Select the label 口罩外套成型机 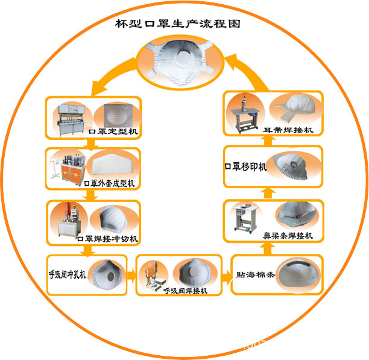click(110, 182)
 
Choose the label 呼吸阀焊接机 click(185, 290)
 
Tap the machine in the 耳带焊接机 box click(248, 113)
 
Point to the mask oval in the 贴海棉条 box click(296, 274)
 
